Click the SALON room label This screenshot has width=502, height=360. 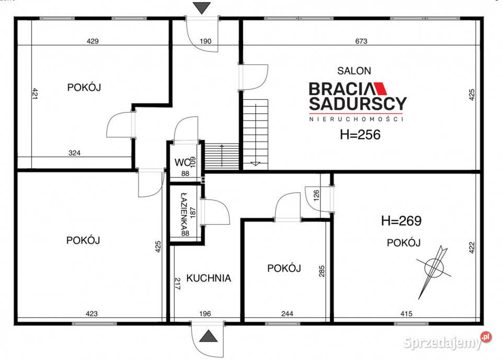tap(354, 70)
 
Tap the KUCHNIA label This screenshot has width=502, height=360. tap(209, 278)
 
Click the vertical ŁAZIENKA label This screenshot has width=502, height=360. tap(184, 214)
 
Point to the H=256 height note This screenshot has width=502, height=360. tap(360, 135)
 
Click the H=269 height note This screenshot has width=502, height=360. tap(402, 221)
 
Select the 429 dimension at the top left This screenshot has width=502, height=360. tap(93, 41)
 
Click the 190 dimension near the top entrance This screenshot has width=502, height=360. tap(205, 41)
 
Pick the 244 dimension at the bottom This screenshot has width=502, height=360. tap(287, 314)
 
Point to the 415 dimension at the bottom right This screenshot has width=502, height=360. tap(406, 314)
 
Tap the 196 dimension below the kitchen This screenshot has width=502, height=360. tap(204, 314)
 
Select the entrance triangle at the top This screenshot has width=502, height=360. tap(201, 8)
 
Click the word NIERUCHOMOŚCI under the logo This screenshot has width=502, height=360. tap(357, 119)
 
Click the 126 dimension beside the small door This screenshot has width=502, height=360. tap(316, 195)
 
